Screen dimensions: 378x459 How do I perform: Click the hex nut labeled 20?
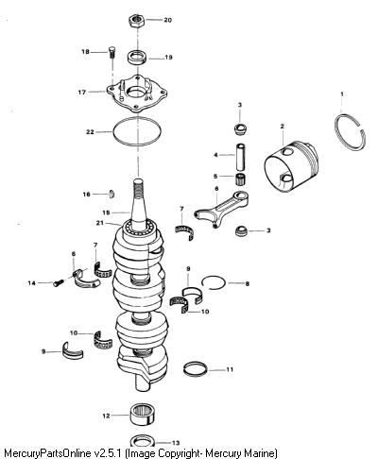136,21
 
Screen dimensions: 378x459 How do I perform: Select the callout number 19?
168,58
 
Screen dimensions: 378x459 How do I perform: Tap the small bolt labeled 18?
112,52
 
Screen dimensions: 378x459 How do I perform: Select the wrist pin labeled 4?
241,157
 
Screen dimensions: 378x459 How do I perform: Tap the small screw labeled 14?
59,283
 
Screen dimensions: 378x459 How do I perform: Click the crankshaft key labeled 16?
112,195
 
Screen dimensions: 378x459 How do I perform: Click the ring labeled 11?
196,368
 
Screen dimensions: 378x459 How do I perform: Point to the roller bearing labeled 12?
142,415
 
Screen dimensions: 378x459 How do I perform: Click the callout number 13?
176,443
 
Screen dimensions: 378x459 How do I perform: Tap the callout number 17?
82,93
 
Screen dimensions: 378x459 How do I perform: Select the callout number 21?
100,223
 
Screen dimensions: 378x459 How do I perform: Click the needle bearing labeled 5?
241,178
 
